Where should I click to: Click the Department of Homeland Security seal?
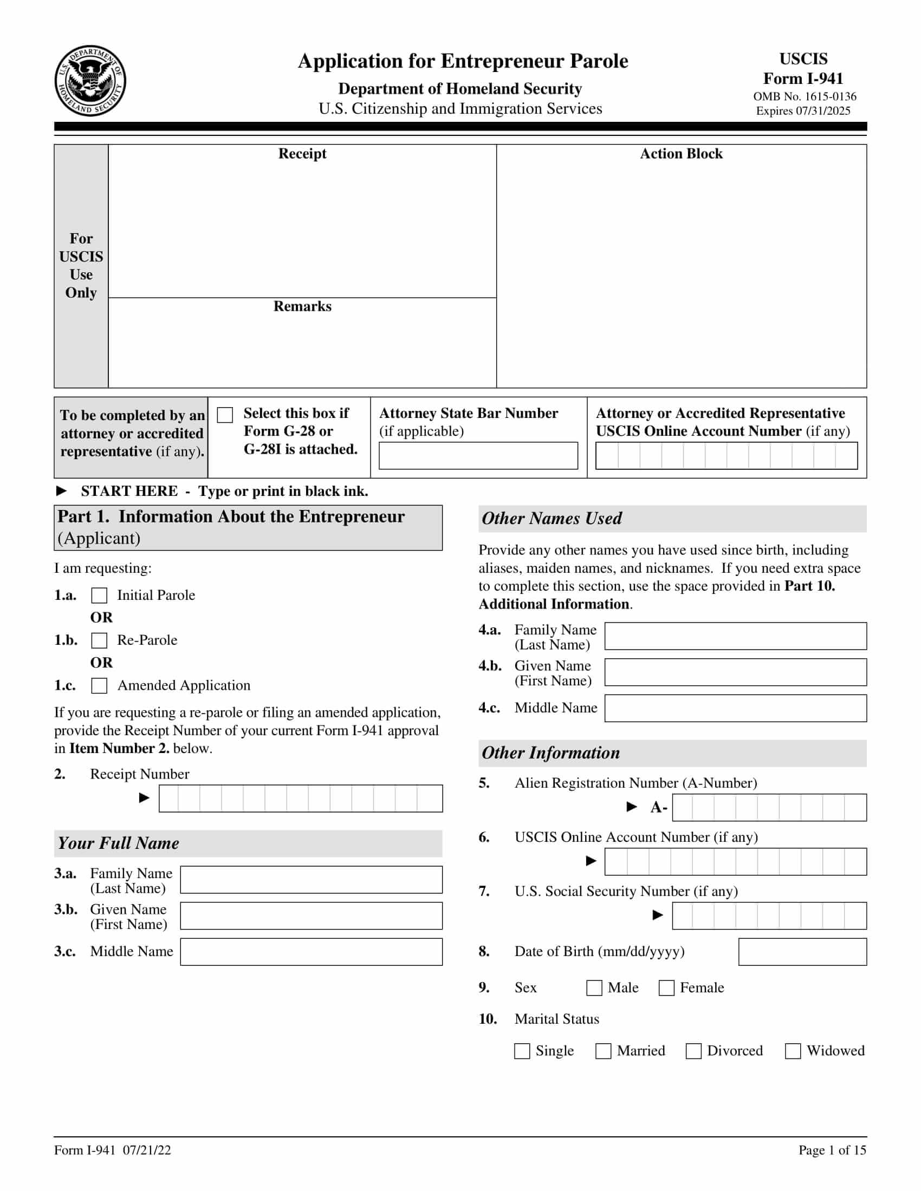[x=90, y=81]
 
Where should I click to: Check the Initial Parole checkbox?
[x=99, y=595]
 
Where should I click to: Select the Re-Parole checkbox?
[x=99, y=640]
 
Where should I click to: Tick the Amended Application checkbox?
[x=99, y=685]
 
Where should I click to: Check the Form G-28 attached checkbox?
[x=225, y=415]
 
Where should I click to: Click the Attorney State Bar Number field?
[x=478, y=455]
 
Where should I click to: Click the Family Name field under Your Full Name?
[x=311, y=880]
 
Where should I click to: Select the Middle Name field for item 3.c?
[x=311, y=952]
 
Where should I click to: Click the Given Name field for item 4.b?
[x=736, y=672]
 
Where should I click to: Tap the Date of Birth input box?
[x=802, y=952]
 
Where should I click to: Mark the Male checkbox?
[x=594, y=988]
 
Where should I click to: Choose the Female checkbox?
[x=666, y=988]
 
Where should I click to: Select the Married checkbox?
[x=603, y=1051]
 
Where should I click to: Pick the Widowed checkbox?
[x=793, y=1051]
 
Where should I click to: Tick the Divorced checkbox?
[x=693, y=1051]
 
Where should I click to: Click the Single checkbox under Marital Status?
[x=522, y=1051]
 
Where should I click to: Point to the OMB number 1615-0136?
[x=804, y=96]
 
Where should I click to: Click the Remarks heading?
[x=302, y=306]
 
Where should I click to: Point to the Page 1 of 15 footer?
[x=832, y=1150]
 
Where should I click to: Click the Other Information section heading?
[x=551, y=753]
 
